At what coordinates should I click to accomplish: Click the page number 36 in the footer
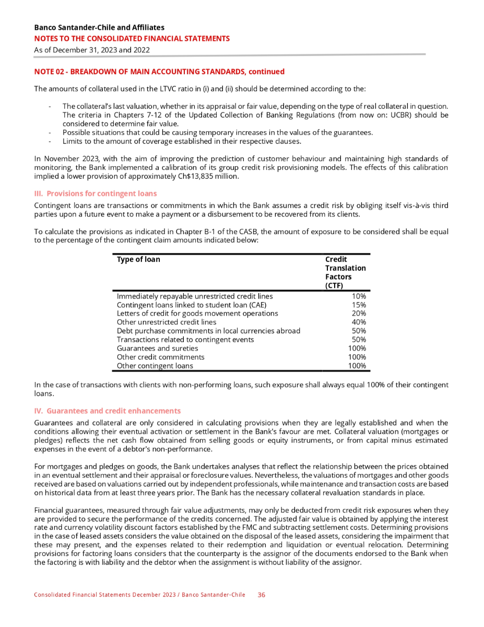[262, 595]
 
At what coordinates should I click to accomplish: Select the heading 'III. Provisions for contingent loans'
[95, 193]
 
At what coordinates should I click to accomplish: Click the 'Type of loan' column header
[138, 260]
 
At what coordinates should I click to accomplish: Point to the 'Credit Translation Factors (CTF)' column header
[345, 272]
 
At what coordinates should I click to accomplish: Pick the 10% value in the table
[359, 296]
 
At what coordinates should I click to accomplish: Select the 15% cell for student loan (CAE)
[359, 305]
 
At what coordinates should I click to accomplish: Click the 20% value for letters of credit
[359, 313]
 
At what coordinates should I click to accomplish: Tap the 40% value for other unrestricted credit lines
[359, 322]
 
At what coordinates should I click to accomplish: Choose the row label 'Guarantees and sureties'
[157, 348]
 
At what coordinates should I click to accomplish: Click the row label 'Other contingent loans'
[155, 366]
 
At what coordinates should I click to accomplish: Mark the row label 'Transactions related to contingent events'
[185, 340]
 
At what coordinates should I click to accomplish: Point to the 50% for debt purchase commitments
[359, 331]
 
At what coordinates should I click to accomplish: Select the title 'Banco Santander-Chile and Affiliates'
[99, 27]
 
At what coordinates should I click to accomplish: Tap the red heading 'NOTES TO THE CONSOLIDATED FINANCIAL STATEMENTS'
[132, 38]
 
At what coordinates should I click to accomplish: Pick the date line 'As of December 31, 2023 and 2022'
[92, 50]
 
